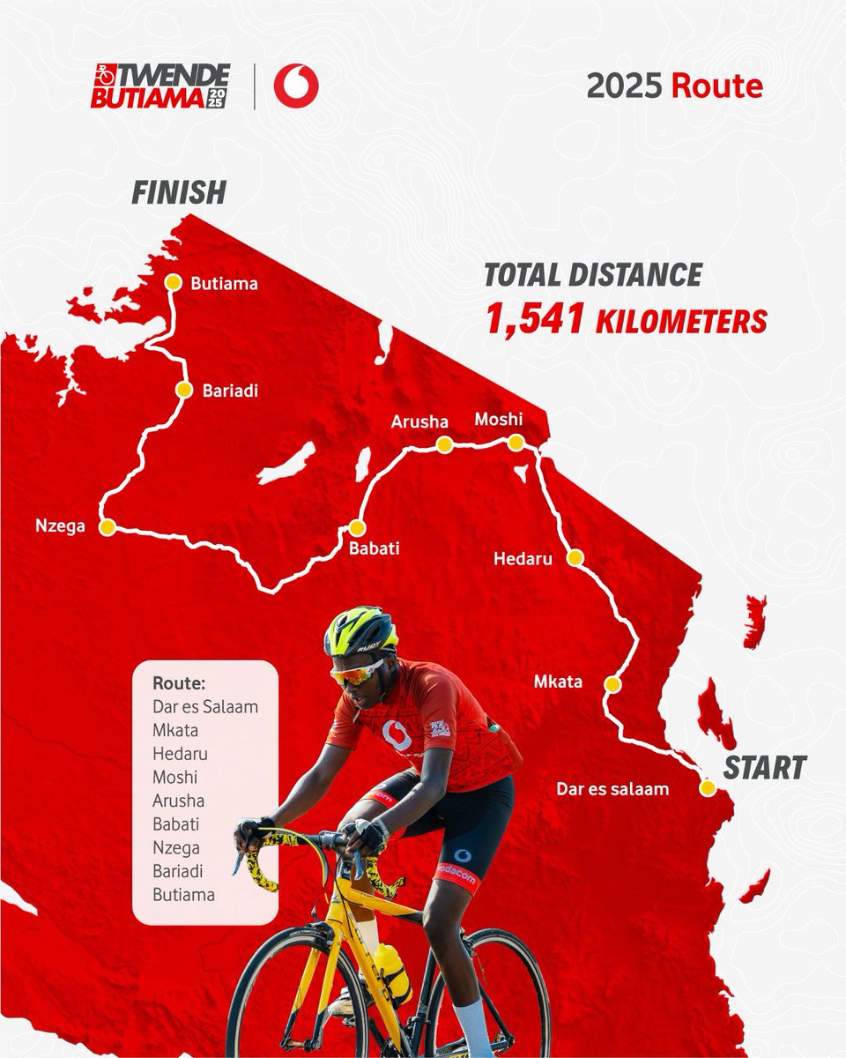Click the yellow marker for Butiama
[x=173, y=283]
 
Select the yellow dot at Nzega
[x=108, y=527]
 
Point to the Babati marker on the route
[x=356, y=527]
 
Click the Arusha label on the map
[x=419, y=421]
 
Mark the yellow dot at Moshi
[x=516, y=443]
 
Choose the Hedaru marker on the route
[x=575, y=557]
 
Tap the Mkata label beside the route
[x=557, y=682]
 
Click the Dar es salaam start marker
[x=707, y=788]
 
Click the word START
[x=764, y=768]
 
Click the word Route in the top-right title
[x=716, y=87]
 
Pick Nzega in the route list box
[x=176, y=848]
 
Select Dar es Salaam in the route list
[x=205, y=706]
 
